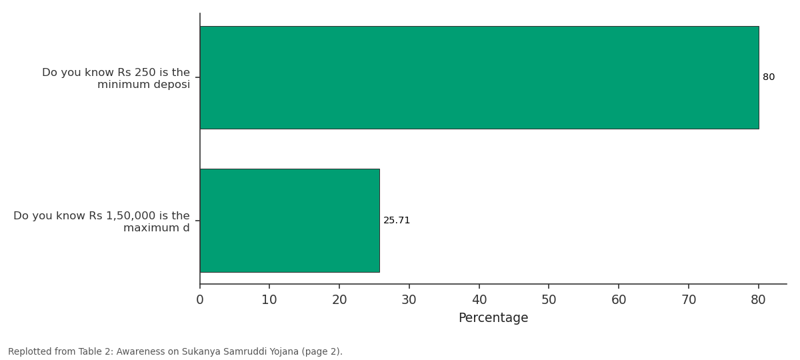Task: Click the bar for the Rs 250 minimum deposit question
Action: coord(479,77)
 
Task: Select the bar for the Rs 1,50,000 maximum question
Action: coord(289,221)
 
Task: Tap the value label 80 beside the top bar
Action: coord(769,77)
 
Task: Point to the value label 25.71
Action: coord(397,221)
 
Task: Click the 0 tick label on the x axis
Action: coord(200,300)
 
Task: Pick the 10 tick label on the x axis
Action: coord(269,300)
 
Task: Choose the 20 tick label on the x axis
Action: coord(339,300)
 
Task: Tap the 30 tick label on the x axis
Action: coord(409,300)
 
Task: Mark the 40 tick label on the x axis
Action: coord(479,300)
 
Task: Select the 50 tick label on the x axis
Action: coord(549,300)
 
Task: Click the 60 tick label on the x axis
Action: coord(619,300)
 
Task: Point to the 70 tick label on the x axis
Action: coord(689,300)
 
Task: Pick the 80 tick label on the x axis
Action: coord(758,300)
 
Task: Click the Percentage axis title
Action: coord(493,318)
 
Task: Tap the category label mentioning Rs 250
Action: coord(116,78)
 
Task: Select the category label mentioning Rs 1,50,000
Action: coord(101,221)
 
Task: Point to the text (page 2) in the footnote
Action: coord(322,352)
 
